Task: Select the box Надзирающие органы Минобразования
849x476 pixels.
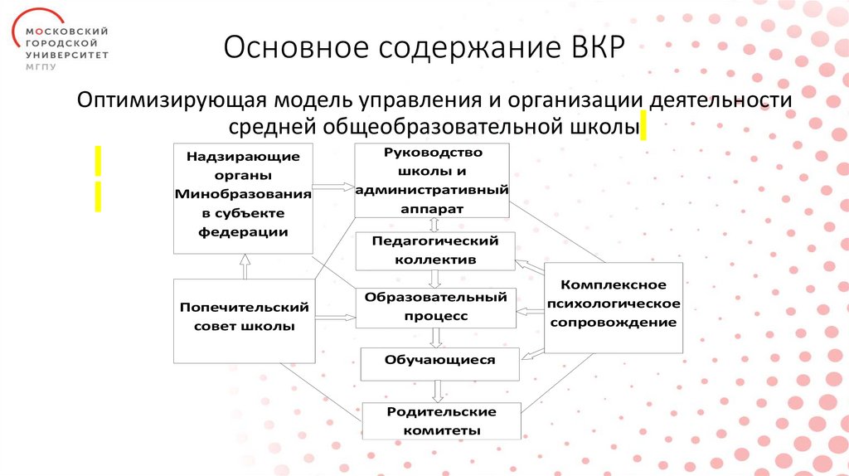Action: point(243,197)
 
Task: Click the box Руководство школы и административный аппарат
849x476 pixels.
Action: point(431,181)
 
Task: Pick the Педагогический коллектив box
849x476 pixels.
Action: point(435,250)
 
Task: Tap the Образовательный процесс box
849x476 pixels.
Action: point(436,307)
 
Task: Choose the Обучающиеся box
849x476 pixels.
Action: point(439,362)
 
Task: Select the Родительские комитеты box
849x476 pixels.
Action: point(441,421)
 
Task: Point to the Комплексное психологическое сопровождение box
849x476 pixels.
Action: point(614,306)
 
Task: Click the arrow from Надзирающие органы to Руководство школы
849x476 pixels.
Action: point(334,188)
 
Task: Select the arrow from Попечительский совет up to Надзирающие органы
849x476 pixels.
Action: point(244,266)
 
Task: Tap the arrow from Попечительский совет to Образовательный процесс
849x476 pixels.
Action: point(335,317)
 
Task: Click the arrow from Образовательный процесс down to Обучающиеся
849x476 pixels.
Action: point(435,338)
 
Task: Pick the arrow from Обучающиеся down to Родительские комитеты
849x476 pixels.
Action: point(438,391)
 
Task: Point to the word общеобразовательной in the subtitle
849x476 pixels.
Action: point(463,127)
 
